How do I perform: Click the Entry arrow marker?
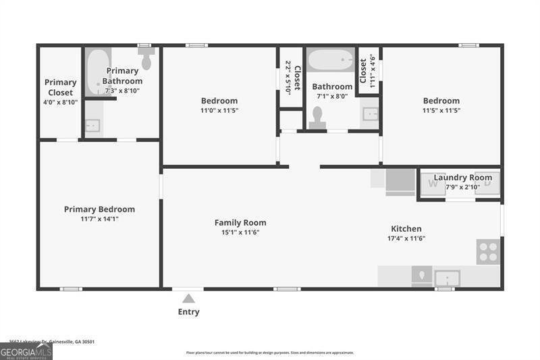(x=189, y=299)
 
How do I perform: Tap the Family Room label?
(x=240, y=223)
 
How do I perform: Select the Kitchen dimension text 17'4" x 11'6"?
(x=406, y=238)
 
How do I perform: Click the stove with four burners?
(x=487, y=252)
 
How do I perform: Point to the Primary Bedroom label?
(x=99, y=209)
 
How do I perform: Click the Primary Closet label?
(x=60, y=87)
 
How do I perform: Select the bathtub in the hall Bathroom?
(x=331, y=59)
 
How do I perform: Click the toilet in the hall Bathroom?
(x=317, y=118)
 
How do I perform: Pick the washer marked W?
(x=433, y=184)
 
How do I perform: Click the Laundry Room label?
(x=462, y=178)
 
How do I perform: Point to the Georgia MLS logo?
(x=26, y=351)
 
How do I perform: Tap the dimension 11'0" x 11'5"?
(x=219, y=110)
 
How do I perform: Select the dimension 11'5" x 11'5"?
(x=441, y=110)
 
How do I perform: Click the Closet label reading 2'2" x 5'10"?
(x=291, y=76)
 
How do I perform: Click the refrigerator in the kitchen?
(x=400, y=182)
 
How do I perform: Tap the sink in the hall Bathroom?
(x=371, y=114)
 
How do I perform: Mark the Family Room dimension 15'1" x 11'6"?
(x=240, y=232)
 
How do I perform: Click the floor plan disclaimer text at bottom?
(x=270, y=353)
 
